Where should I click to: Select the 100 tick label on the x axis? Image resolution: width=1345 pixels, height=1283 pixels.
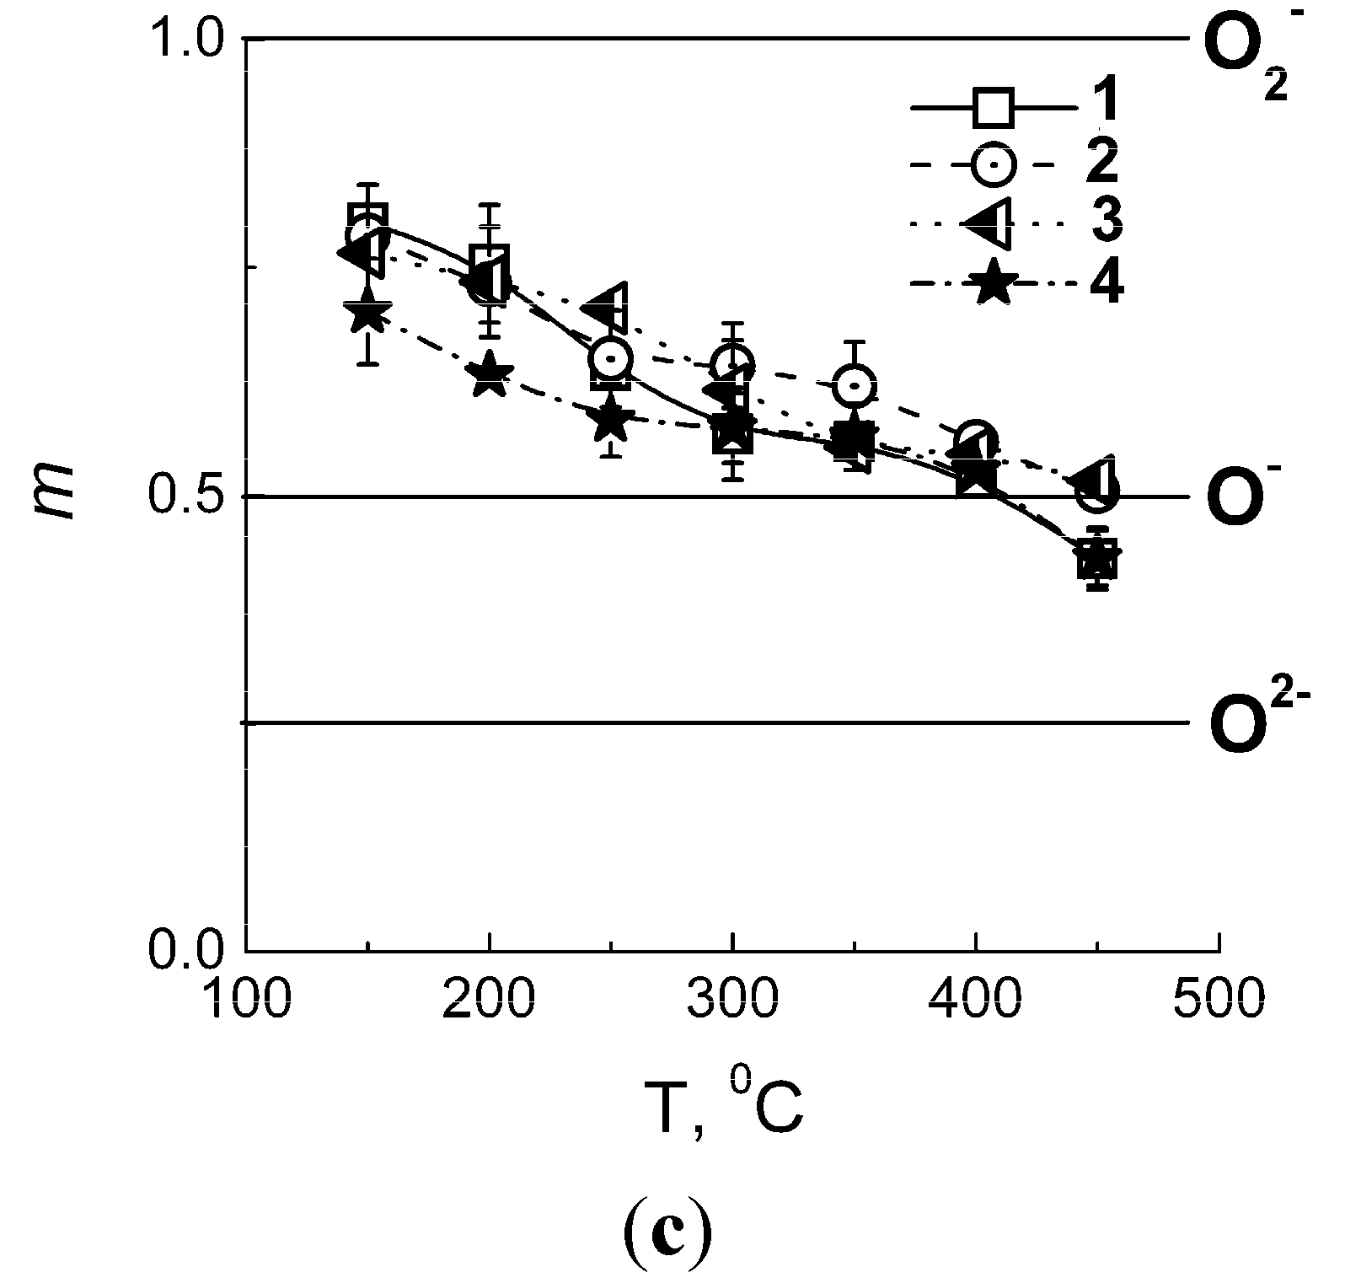click(246, 1000)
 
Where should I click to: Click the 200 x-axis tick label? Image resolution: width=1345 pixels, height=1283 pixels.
click(489, 1000)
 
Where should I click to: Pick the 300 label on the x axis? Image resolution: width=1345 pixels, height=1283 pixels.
click(732, 1000)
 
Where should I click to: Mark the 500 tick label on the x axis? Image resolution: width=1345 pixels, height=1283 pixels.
click(1219, 1000)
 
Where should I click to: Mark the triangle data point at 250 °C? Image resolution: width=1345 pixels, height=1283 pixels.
click(608, 307)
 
